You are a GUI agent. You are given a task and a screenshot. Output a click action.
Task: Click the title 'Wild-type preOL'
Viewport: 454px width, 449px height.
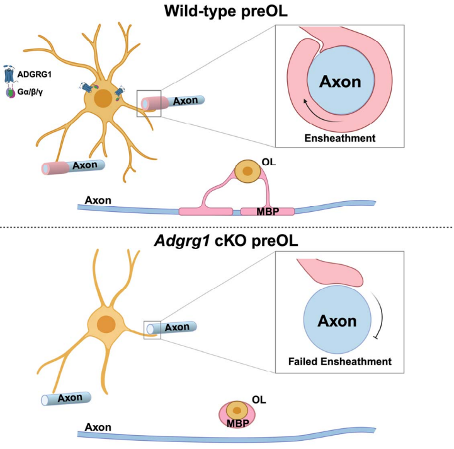click(x=226, y=12)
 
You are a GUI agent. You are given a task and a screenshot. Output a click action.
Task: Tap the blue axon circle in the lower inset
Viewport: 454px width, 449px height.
click(x=337, y=321)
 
